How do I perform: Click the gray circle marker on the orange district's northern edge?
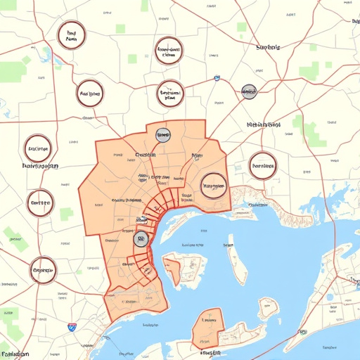pos(162,134)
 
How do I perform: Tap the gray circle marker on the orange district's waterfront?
pos(141,239)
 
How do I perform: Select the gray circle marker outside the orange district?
pos(248,91)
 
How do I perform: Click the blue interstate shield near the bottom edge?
pos(72,326)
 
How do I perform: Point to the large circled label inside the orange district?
pos(213,186)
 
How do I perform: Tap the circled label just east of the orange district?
pos(262,167)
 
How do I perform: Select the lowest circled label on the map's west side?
pos(43,268)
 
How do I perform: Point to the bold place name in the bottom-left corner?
pos(15,354)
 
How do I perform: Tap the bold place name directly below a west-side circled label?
pos(30,167)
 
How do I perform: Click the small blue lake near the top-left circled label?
pos(47,53)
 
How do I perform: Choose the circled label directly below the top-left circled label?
pos(90,93)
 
